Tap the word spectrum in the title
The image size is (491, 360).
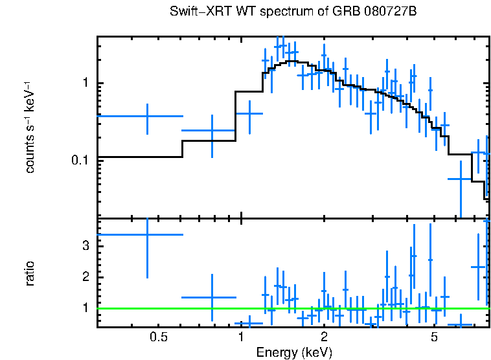[281, 12]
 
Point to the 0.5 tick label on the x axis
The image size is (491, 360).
[158, 337]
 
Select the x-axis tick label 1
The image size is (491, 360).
[241, 337]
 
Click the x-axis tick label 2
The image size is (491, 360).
[324, 337]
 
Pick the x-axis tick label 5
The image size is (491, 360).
[434, 337]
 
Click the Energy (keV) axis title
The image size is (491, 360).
[293, 352]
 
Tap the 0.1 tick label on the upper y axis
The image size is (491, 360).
[80, 160]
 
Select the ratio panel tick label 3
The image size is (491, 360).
[85, 246]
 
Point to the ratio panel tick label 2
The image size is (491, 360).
[85, 277]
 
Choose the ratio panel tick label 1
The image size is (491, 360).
[85, 308]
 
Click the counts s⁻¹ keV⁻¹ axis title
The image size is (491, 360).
[30, 127]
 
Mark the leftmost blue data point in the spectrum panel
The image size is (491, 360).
[148, 116]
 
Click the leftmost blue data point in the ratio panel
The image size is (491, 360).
[148, 234]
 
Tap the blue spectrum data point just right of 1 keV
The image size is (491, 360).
[249, 113]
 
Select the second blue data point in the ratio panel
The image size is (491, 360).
[212, 298]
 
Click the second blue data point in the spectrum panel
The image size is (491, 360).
[212, 131]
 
